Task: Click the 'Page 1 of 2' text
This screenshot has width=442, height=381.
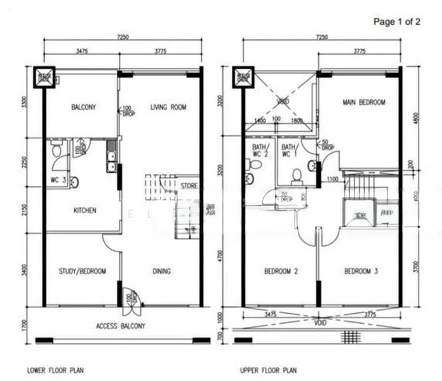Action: (397, 22)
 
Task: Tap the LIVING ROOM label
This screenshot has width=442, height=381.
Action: (168, 107)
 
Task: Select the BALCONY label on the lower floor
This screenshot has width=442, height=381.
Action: (83, 107)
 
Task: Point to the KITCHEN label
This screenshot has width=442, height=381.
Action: (84, 210)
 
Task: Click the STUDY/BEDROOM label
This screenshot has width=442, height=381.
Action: (83, 271)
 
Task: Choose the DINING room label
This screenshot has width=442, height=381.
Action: (161, 271)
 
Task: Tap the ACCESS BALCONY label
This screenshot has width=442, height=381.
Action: (121, 326)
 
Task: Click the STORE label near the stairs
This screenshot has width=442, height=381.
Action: (189, 186)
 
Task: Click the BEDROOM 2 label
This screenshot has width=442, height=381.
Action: (280, 271)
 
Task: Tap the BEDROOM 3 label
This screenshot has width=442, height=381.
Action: (361, 271)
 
